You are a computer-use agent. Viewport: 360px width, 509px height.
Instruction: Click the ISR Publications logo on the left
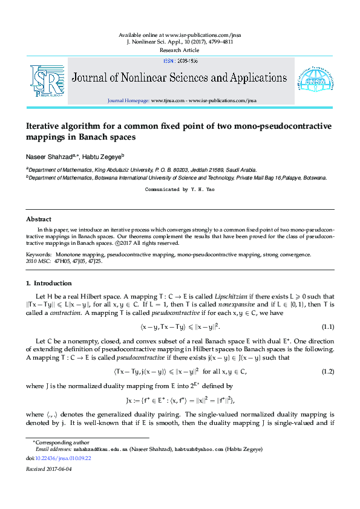click(47, 80)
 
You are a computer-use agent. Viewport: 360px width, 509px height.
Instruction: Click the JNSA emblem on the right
click(313, 80)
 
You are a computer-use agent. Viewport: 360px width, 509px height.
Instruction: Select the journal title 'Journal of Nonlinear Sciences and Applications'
click(180, 78)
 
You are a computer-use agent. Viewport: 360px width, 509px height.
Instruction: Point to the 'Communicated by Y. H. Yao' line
click(180, 189)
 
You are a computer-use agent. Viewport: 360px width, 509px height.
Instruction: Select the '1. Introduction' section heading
click(48, 283)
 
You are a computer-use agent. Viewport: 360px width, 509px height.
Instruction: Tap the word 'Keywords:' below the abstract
click(39, 254)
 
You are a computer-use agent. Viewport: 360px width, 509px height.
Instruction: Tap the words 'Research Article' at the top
click(180, 50)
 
